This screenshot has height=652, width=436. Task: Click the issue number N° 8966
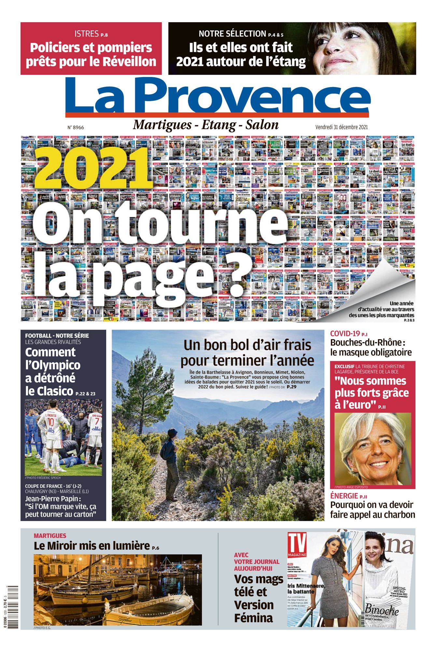[76, 127]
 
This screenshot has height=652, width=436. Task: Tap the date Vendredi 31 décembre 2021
[341, 127]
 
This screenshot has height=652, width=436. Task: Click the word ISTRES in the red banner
[86, 34]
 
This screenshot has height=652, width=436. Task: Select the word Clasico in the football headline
[55, 391]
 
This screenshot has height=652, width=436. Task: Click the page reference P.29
[291, 387]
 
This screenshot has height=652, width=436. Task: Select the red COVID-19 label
[345, 333]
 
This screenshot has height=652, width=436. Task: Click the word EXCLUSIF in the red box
[344, 366]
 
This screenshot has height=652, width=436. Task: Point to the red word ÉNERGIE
[344, 496]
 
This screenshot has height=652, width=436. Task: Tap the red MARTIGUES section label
[50, 536]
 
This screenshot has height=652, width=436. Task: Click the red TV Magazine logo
[297, 545]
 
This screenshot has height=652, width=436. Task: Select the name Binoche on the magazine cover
[382, 610]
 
